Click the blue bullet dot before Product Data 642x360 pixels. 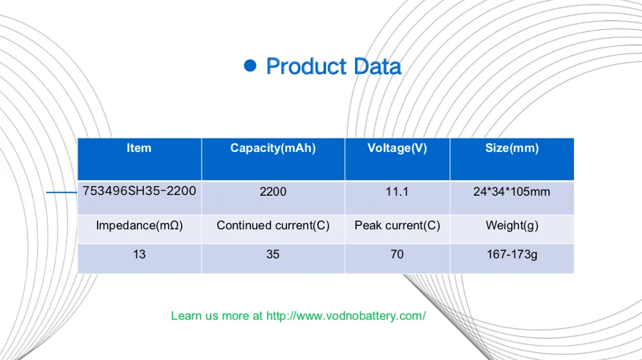tap(250, 65)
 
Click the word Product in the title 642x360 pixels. tap(306, 66)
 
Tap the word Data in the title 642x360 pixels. tap(377, 66)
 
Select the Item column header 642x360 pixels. tap(139, 148)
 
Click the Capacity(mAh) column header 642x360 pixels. tap(273, 148)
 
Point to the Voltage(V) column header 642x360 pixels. tap(397, 148)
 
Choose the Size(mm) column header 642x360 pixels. tap(512, 148)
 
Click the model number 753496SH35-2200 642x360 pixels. tap(139, 191)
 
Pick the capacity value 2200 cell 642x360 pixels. tap(273, 191)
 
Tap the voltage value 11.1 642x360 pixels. tap(397, 191)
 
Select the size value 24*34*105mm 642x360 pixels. tap(512, 191)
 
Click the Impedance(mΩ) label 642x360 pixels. tap(139, 225)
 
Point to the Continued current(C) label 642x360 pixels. tap(273, 225)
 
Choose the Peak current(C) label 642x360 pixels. tap(397, 225)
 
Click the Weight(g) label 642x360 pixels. tap(512, 225)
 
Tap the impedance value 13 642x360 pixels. tap(139, 255)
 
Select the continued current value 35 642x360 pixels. tap(273, 255)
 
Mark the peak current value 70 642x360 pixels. tap(397, 255)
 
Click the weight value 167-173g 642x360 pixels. tap(512, 255)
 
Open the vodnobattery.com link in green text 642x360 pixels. tap(346, 316)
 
